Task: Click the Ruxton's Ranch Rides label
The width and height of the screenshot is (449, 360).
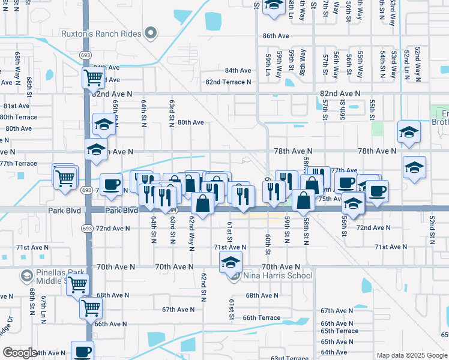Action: pos(101,34)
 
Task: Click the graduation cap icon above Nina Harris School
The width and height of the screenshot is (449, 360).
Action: pos(231,262)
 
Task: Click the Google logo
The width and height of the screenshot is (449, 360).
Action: pos(20,353)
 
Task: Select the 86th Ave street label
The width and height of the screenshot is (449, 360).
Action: pos(276,36)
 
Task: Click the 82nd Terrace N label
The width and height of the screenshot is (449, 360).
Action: pos(228,82)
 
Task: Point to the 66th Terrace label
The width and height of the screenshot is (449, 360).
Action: pos(261,317)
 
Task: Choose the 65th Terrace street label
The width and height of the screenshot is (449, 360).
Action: pos(339,331)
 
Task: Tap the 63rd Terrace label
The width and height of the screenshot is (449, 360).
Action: pos(290,358)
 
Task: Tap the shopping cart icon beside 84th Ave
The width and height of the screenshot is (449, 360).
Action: pos(94,77)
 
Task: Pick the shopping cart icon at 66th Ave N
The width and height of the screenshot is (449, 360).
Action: pos(91,308)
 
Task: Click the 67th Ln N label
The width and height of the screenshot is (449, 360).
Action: pos(44,309)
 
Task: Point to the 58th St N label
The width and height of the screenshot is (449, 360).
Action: pos(306,232)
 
